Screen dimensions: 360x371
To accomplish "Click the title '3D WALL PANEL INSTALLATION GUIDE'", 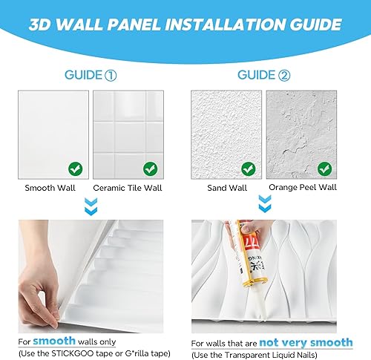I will (x=185, y=24).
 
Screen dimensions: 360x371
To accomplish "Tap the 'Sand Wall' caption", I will (x=228, y=189).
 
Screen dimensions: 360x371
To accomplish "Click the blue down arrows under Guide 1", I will (x=91, y=206).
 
